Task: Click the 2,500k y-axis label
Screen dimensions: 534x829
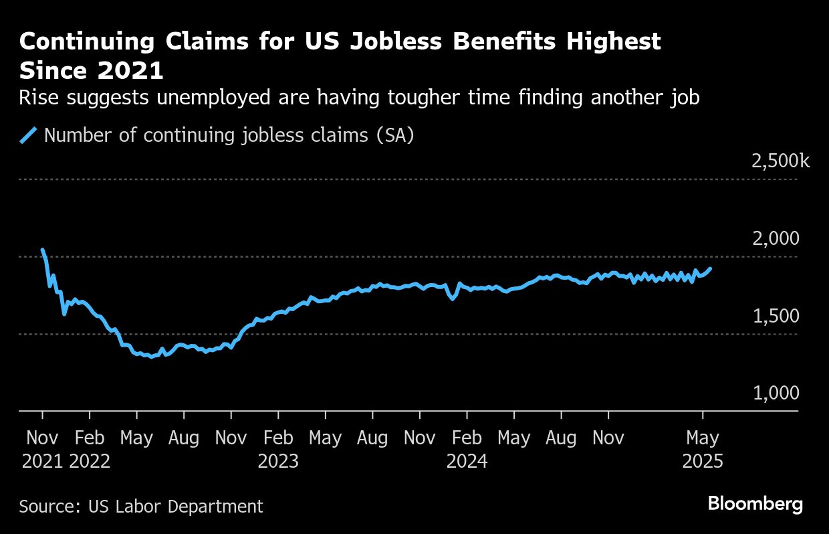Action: [780, 161]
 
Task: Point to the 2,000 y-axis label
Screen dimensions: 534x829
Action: [776, 239]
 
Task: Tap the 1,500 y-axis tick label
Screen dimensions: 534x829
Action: [776, 316]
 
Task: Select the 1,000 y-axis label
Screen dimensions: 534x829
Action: [776, 393]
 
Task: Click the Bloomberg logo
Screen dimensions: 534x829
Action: [755, 505]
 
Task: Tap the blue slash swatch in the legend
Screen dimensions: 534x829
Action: [27, 136]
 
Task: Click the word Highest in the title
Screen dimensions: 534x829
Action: [613, 41]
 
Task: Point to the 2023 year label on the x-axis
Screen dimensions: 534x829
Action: [278, 462]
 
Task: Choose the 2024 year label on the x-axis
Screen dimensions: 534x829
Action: [467, 462]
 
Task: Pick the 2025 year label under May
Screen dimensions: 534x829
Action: [703, 462]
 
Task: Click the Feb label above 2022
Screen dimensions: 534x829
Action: [89, 438]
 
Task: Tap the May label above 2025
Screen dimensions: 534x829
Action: [703, 438]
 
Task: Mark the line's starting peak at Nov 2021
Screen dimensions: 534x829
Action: [42, 250]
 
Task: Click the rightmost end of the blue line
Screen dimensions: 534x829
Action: [710, 268]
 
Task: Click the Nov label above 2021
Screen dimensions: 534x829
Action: [42, 438]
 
